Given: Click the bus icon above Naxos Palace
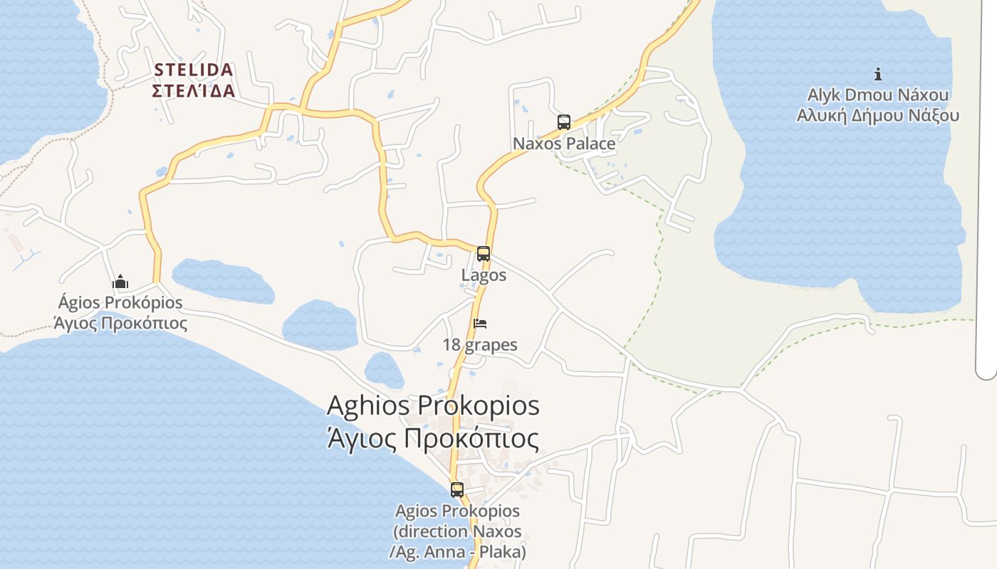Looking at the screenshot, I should tap(564, 122).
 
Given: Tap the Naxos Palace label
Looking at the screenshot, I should tap(564, 144).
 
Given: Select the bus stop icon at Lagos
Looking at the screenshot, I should tap(484, 254).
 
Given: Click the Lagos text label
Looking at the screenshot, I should tap(484, 275).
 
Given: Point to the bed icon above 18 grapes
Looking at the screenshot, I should tap(480, 324).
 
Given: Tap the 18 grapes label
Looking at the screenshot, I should tap(480, 346).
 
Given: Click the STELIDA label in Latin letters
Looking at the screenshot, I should tap(193, 70).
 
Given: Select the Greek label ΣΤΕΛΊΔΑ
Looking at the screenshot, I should tap(193, 91).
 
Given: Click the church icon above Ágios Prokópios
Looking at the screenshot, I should tap(120, 282).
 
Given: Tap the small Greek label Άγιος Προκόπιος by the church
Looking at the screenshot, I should tap(120, 324).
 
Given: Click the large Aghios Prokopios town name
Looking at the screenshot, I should tap(433, 406).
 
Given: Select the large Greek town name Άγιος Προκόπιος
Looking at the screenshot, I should tap(433, 438).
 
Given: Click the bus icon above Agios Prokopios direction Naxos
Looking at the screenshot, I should tap(457, 490).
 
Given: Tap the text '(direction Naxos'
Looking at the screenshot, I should tap(457, 531).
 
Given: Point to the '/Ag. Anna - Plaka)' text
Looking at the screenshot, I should tap(457, 552).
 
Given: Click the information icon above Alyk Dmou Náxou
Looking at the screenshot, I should tap(878, 74).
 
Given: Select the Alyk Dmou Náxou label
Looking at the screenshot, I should tap(878, 95).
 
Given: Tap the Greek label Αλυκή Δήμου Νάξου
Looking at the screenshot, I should tap(878, 116).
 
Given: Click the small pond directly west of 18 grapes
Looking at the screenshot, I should tap(320, 325).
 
